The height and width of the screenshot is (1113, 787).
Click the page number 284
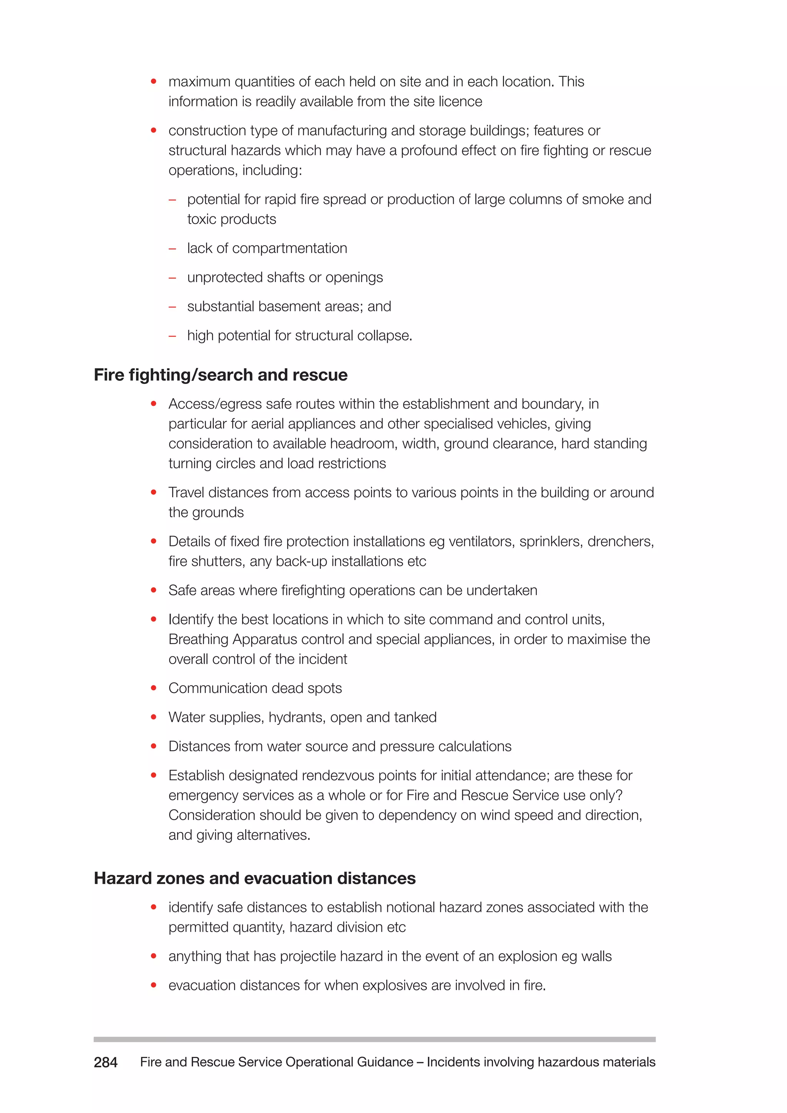click(x=105, y=1062)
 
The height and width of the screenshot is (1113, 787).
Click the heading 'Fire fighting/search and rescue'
click(x=221, y=375)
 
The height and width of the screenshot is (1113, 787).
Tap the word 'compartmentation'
click(x=289, y=248)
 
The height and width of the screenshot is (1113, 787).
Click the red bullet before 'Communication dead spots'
click(x=154, y=688)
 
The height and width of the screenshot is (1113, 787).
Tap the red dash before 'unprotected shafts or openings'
click(x=172, y=278)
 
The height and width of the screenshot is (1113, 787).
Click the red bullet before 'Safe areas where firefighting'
click(x=154, y=590)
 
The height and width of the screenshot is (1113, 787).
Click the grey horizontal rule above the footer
click(x=374, y=1039)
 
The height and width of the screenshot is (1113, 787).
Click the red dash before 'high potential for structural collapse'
click(x=172, y=336)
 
